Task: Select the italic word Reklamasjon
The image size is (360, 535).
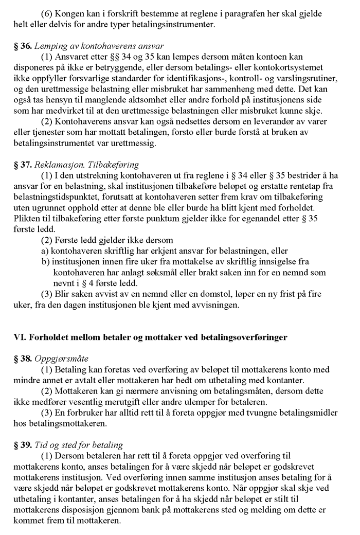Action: [58, 165]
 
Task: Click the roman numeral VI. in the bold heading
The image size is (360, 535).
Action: [19, 337]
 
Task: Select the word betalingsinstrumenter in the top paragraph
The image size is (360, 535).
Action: [176, 24]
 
